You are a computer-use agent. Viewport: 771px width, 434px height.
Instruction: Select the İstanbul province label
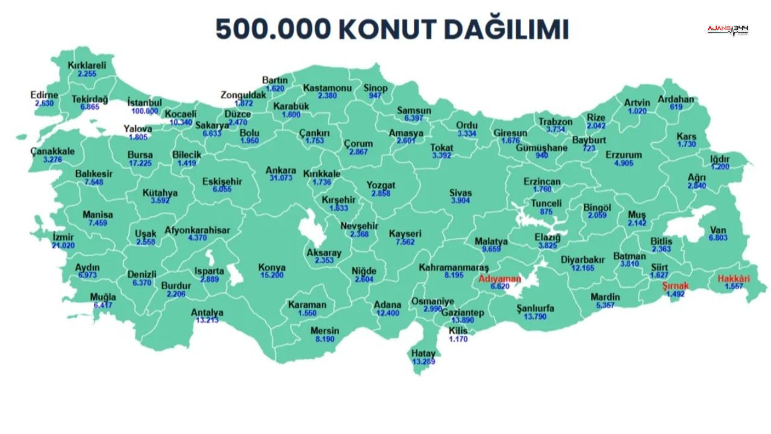point(145,102)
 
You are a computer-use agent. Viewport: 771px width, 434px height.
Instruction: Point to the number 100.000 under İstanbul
point(145,111)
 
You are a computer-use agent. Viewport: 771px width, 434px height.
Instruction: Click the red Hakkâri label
point(734,279)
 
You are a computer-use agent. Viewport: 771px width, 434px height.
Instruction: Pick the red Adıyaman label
point(499,278)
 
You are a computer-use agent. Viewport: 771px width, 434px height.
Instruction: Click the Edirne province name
point(45,95)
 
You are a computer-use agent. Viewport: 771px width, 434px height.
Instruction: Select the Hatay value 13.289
point(423,362)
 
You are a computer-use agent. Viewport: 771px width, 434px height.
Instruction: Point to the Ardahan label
point(676,99)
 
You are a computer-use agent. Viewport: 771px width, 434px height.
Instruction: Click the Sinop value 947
point(375,96)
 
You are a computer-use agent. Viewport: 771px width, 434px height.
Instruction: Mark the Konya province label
point(272,267)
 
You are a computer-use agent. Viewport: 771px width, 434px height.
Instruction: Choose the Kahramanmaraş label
point(454,267)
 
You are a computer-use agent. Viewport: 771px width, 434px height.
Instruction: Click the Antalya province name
point(207,312)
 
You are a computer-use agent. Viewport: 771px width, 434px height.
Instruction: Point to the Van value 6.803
point(718,238)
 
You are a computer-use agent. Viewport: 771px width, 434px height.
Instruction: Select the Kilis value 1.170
point(458,339)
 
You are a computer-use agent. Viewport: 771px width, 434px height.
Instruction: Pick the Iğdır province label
point(720,159)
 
